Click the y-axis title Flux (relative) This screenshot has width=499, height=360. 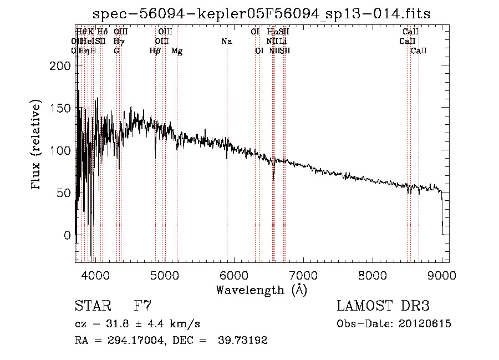click(37, 145)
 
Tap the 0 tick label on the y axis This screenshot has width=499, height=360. click(67, 235)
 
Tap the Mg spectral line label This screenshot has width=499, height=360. click(177, 51)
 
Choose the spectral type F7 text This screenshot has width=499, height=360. click(143, 306)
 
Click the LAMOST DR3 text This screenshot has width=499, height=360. click(383, 306)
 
